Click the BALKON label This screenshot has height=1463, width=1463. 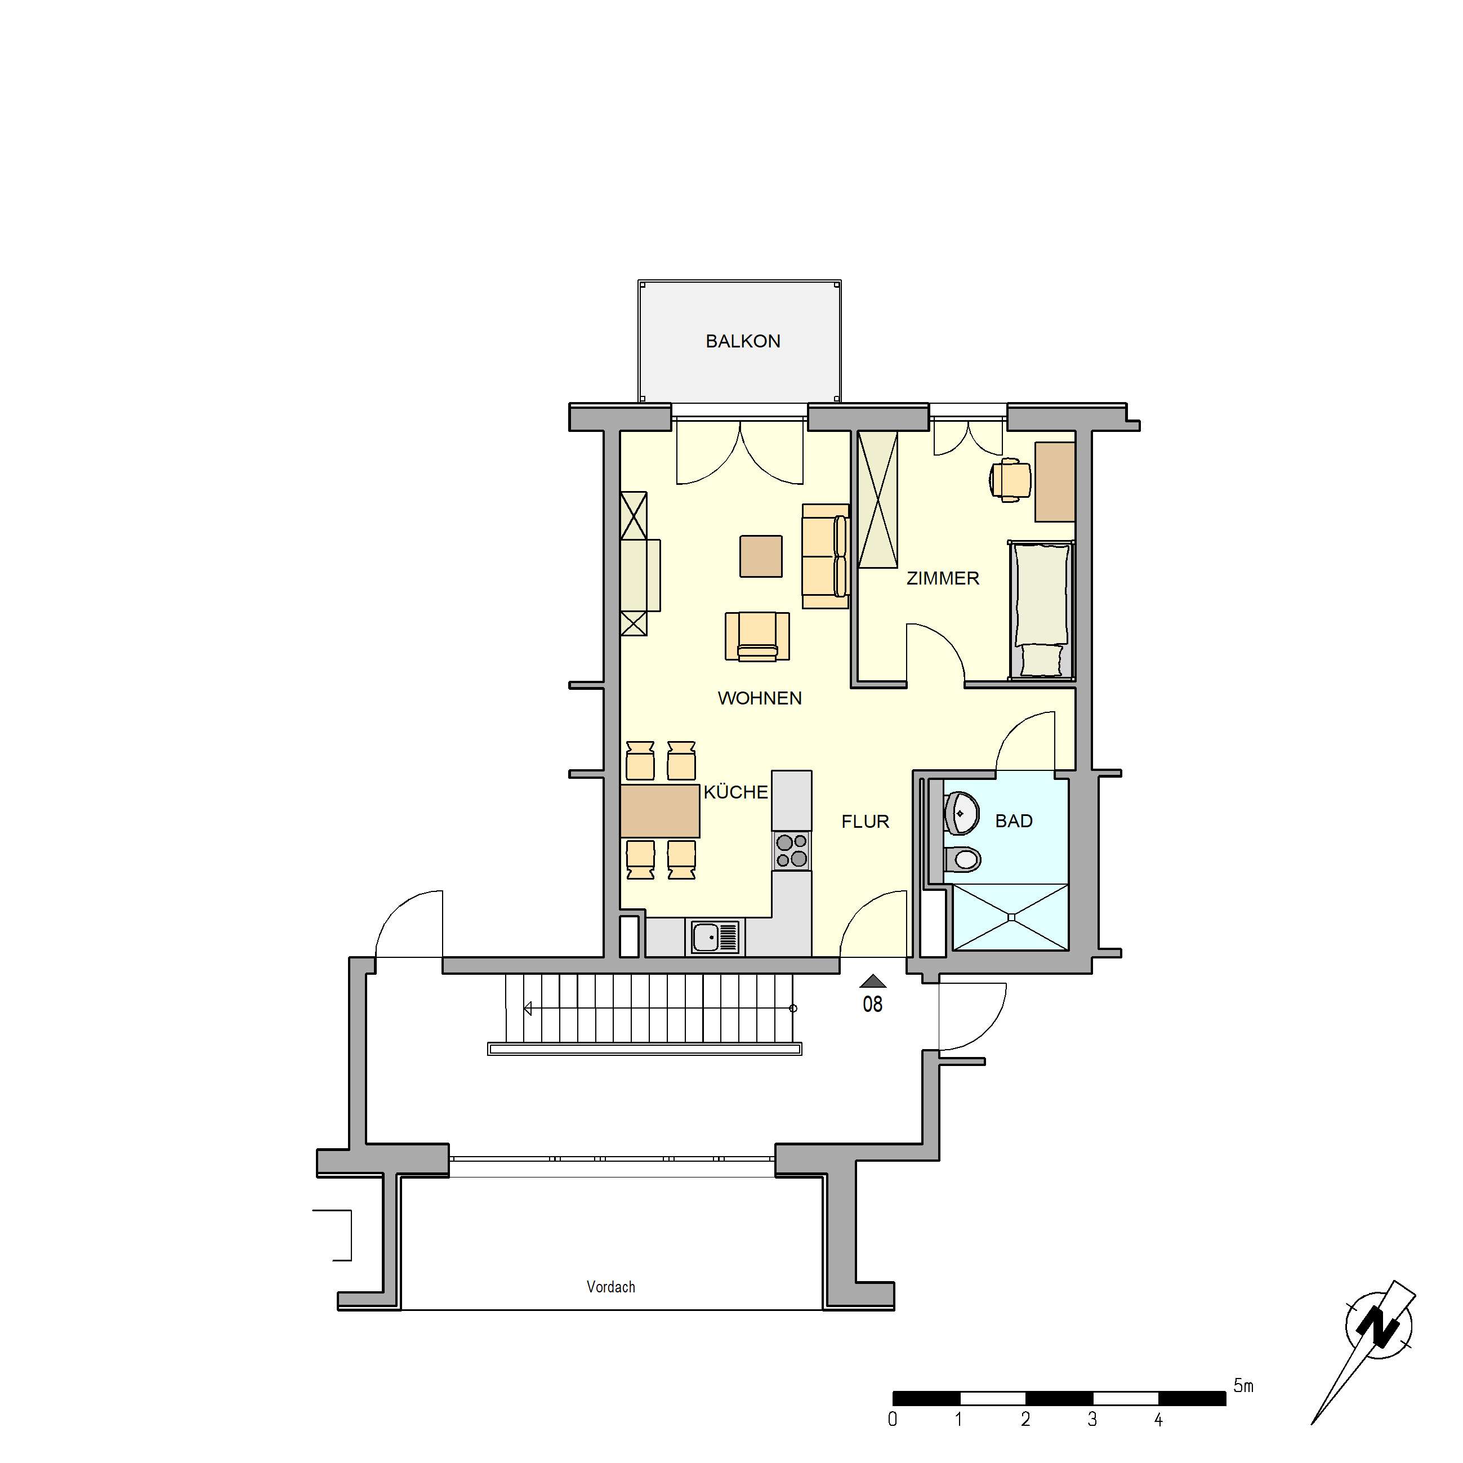click(x=742, y=341)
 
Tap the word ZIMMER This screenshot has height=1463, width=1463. click(x=942, y=578)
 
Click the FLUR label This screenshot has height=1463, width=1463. click(x=865, y=822)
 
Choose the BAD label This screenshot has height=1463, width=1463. click(x=1013, y=821)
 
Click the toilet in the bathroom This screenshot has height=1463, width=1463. click(x=963, y=859)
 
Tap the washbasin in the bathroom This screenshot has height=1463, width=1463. click(x=961, y=813)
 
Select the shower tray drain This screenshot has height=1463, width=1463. click(x=1010, y=917)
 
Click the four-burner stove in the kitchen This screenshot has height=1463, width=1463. click(x=791, y=850)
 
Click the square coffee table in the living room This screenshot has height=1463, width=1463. click(x=760, y=556)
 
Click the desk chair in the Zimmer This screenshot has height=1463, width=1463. click(x=1010, y=479)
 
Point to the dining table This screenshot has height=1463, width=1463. click(x=659, y=811)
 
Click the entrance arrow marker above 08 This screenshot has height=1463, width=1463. click(x=872, y=982)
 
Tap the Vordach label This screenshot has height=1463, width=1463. click(x=610, y=1287)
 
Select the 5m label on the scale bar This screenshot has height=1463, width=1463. click(x=1243, y=1386)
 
